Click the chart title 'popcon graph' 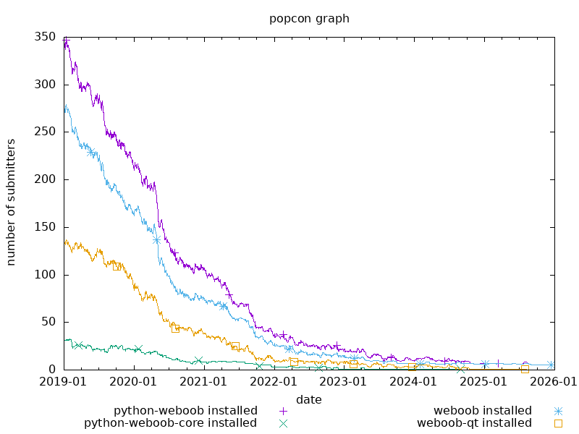309,19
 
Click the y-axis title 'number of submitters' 12,202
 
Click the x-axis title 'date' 309,399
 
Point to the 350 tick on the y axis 48,37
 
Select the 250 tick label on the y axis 48,132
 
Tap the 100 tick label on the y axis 48,275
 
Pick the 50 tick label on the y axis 51,322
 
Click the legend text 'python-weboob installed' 186,411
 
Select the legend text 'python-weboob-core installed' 171,423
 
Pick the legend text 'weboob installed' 483,411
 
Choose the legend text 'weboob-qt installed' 474,423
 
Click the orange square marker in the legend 558,423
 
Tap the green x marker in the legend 284,423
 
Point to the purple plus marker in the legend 284,411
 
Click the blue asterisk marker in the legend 558,411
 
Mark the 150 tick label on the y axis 48,227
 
